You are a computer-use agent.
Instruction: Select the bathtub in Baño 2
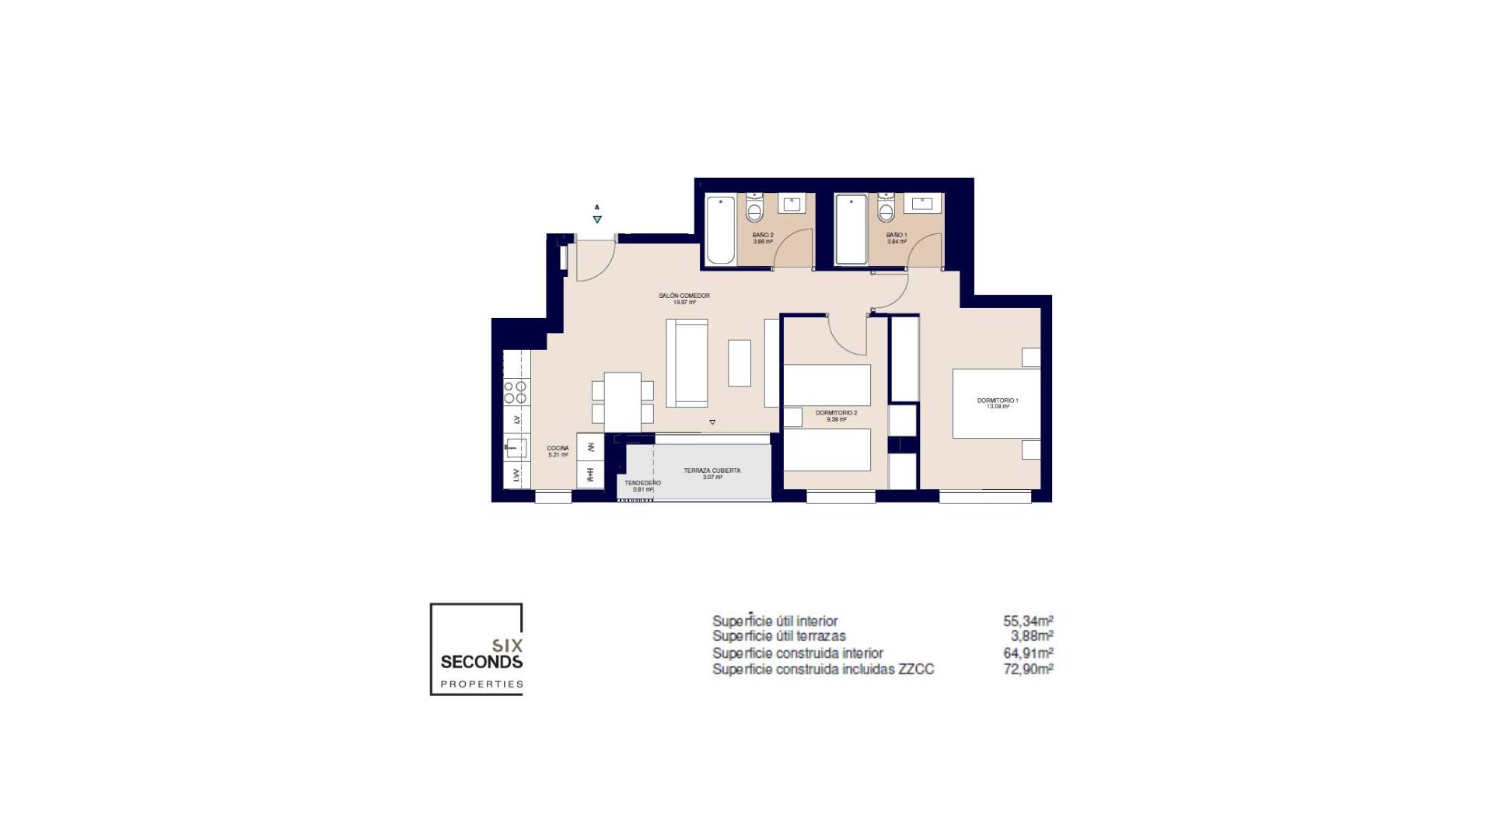pyautogui.click(x=720, y=229)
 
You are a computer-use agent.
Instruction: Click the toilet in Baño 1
pyautogui.click(x=886, y=208)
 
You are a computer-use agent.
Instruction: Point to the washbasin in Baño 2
pyautogui.click(x=792, y=204)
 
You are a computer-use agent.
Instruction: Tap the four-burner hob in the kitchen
pyautogui.click(x=515, y=392)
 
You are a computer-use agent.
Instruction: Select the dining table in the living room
pyautogui.click(x=622, y=402)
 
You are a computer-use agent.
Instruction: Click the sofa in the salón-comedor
pyautogui.click(x=687, y=362)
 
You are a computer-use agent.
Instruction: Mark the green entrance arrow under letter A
pyautogui.click(x=597, y=219)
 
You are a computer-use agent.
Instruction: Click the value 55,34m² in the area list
pyautogui.click(x=1027, y=621)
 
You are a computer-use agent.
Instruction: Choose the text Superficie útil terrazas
pyautogui.click(x=778, y=636)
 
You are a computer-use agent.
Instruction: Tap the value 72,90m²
pyautogui.click(x=1027, y=669)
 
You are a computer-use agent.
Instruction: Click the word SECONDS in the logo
pyautogui.click(x=481, y=662)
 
